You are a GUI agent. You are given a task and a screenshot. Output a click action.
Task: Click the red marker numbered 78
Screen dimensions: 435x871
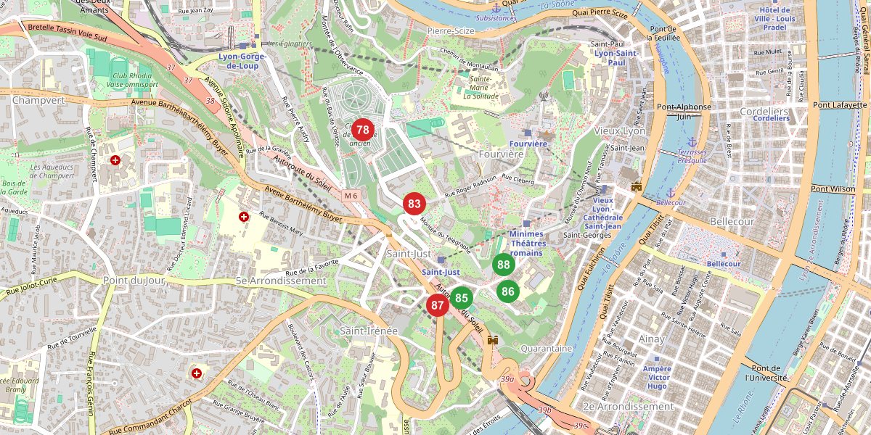coord(363,130)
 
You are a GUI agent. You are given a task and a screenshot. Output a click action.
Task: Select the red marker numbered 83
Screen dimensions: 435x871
coord(414,204)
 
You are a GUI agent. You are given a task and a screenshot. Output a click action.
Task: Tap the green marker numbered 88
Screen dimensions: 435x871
coord(504,265)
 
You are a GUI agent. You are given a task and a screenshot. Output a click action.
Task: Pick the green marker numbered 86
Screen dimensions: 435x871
coord(508,291)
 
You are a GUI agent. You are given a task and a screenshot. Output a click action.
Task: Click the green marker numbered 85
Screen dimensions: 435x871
coord(461,297)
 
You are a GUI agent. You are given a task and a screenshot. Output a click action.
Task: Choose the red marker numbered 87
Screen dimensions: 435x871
coord(437,305)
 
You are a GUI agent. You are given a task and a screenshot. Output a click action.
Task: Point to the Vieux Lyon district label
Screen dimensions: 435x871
coord(619,131)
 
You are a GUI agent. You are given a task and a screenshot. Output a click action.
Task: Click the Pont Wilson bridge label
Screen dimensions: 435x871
coord(833,189)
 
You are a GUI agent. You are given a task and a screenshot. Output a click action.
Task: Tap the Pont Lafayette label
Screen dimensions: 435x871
coord(840,105)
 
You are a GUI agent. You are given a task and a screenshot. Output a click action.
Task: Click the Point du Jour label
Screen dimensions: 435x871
coord(134,280)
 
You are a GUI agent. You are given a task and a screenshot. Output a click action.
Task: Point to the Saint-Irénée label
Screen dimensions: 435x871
coord(369,331)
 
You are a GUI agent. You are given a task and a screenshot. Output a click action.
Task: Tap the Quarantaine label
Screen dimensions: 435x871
coord(546,349)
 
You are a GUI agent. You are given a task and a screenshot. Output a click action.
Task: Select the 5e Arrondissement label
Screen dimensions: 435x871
coord(281,281)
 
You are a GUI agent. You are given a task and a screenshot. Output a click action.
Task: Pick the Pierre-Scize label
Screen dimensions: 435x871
coord(450,30)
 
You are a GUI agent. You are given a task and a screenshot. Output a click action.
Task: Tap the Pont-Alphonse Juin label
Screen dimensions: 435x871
coord(684,111)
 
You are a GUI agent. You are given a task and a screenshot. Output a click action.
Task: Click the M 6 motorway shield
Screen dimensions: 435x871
coord(352,196)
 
